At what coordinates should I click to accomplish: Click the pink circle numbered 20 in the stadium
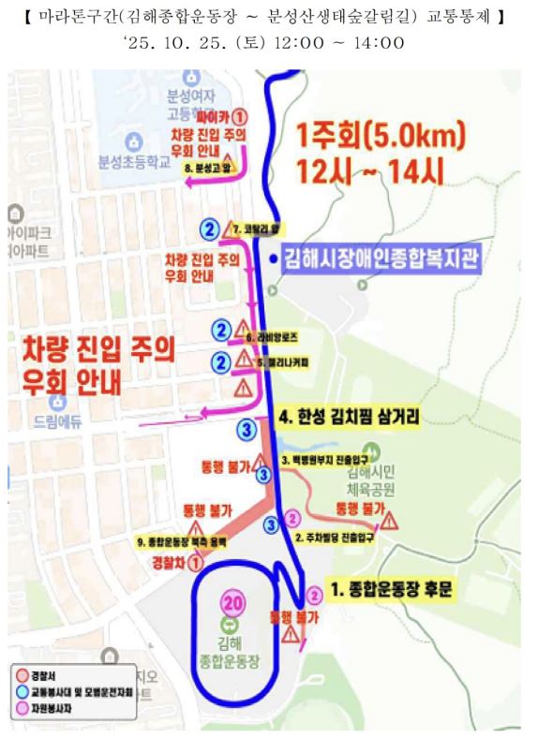tap(230, 601)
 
